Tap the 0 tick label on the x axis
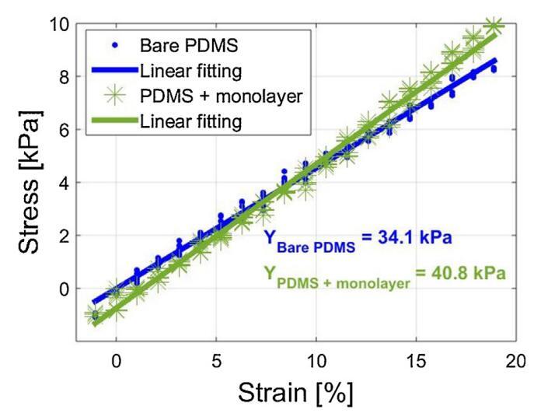point(116,361)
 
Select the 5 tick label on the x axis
point(216,361)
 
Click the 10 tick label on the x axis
point(316,361)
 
